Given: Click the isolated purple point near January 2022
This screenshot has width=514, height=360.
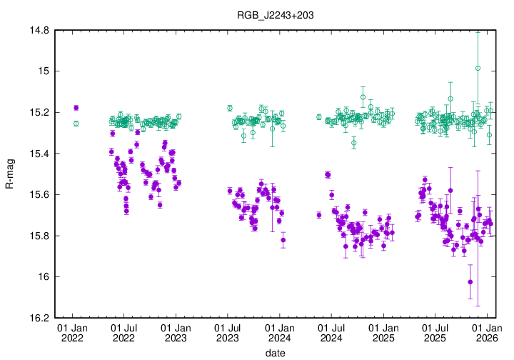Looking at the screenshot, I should click(76, 108).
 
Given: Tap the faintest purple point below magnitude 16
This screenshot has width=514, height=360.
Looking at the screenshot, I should click(470, 281).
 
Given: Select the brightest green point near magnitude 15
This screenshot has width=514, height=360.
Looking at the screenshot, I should click(478, 69).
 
